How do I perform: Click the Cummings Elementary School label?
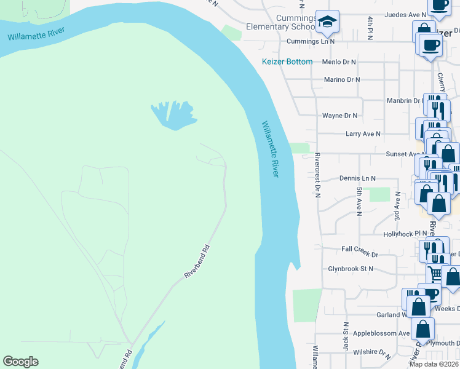pyautogui.click(x=281, y=23)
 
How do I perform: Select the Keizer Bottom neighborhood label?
pyautogui.click(x=287, y=61)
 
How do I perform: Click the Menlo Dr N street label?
pyautogui.click(x=339, y=62)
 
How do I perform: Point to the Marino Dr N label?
pyautogui.click(x=341, y=79)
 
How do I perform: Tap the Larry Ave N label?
pyautogui.click(x=363, y=133)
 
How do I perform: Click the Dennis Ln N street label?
pyautogui.click(x=357, y=178)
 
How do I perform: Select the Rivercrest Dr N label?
pyautogui.click(x=317, y=175)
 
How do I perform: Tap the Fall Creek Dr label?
pyautogui.click(x=359, y=253)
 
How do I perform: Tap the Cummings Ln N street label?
pyautogui.click(x=311, y=42)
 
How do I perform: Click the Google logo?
pyautogui.click(x=20, y=362)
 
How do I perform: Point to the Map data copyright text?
pyautogui.click(x=434, y=364)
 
